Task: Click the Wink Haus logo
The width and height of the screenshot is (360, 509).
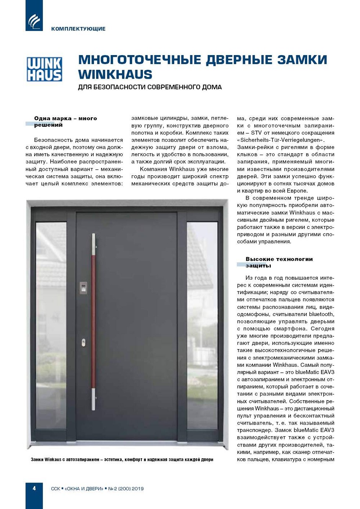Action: [44, 69]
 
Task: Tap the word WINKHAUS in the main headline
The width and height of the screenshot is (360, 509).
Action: [115, 75]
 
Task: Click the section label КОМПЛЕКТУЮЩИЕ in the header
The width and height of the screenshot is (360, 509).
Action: [78, 29]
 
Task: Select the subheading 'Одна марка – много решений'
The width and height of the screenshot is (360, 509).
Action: [65, 122]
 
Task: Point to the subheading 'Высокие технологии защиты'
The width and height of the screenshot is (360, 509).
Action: [279, 262]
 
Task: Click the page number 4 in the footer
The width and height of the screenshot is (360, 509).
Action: [34, 488]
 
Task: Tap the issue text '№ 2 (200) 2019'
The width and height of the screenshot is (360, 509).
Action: [126, 489]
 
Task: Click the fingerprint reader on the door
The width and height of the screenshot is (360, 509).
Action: [84, 288]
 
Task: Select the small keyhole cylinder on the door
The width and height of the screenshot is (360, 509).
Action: [83, 343]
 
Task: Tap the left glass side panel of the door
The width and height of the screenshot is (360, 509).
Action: [51, 323]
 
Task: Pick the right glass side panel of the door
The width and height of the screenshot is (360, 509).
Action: [202, 323]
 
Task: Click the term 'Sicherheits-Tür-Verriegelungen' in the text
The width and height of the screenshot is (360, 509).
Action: [281, 140]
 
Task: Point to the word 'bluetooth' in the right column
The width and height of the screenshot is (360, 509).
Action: [321, 314]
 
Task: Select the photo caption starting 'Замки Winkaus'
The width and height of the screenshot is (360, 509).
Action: [122, 459]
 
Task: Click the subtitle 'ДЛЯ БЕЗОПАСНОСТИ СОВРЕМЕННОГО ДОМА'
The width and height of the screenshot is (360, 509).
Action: [150, 87]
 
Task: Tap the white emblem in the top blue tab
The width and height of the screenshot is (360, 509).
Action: [34, 21]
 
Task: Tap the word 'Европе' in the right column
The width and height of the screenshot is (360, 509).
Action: [296, 191]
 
